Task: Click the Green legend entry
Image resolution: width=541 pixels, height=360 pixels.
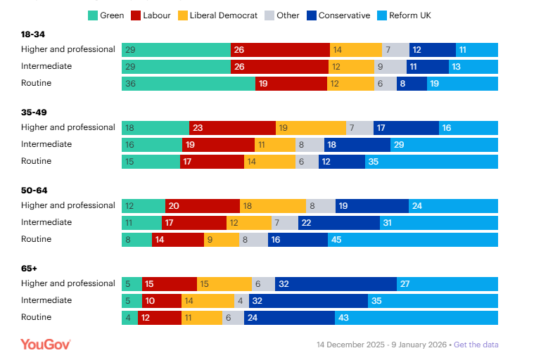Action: pyautogui.click(x=106, y=15)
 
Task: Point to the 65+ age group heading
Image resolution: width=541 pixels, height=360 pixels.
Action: pyautogui.click(x=29, y=268)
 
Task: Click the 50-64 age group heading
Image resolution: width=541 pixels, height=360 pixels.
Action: pyautogui.click(x=34, y=190)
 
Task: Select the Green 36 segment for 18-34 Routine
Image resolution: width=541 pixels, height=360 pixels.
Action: pyautogui.click(x=189, y=84)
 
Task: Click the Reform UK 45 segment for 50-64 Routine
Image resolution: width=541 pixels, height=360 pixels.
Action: pyautogui.click(x=412, y=240)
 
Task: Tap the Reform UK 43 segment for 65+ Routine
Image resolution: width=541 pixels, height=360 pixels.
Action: pyautogui.click(x=416, y=318)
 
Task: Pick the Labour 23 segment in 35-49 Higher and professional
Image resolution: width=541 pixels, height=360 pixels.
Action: pyautogui.click(x=233, y=128)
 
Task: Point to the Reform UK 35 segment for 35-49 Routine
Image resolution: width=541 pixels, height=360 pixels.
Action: pyautogui.click(x=431, y=162)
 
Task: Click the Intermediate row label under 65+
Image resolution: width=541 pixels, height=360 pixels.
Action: pyautogui.click(x=46, y=300)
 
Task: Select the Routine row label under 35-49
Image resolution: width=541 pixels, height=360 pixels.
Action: pyautogui.click(x=36, y=161)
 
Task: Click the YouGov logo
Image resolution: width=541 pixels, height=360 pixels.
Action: pyautogui.click(x=46, y=344)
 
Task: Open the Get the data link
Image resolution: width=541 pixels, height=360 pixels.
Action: pyautogui.click(x=476, y=345)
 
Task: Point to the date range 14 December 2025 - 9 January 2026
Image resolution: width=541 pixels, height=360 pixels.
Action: pyautogui.click(x=381, y=345)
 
